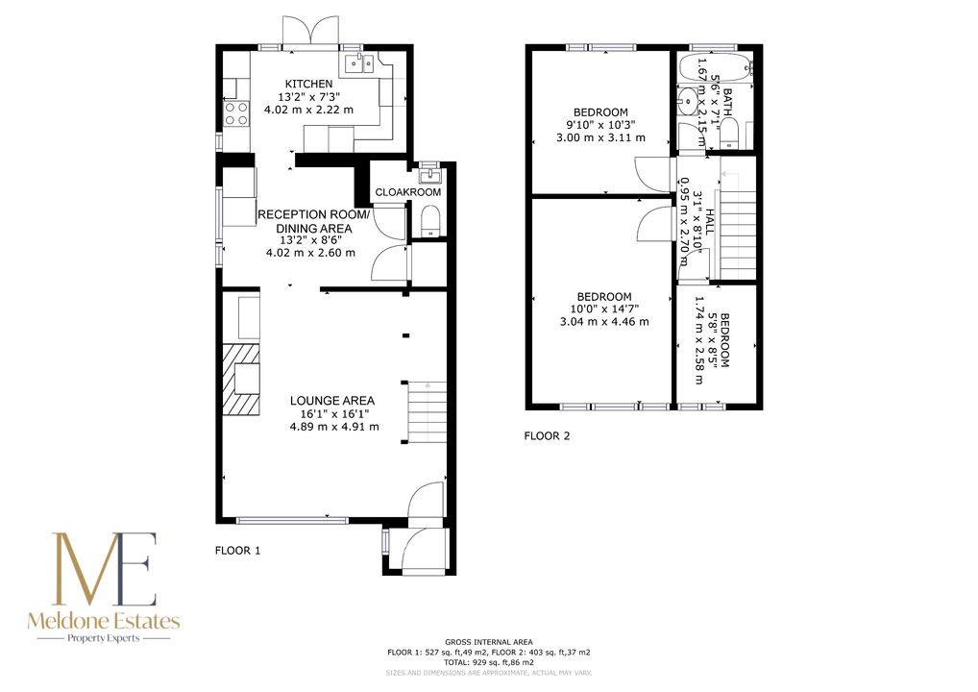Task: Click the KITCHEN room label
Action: pyautogui.click(x=308, y=84)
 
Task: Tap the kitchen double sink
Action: pyautogui.click(x=360, y=62)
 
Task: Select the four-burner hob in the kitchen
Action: pyautogui.click(x=235, y=113)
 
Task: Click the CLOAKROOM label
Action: pyautogui.click(x=408, y=192)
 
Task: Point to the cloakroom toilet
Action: pyautogui.click(x=430, y=222)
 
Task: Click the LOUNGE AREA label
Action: pyautogui.click(x=331, y=401)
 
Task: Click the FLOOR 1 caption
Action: pyautogui.click(x=237, y=551)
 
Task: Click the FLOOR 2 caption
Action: pyautogui.click(x=547, y=436)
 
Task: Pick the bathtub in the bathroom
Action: pyautogui.click(x=715, y=68)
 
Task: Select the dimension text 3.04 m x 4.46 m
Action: pyautogui.click(x=604, y=322)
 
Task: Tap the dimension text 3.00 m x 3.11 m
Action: pyautogui.click(x=600, y=137)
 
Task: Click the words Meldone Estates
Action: pyautogui.click(x=104, y=621)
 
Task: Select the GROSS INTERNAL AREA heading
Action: pyautogui.click(x=489, y=642)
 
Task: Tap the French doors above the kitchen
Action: pyautogui.click(x=309, y=31)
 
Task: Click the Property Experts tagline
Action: pyautogui.click(x=104, y=638)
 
